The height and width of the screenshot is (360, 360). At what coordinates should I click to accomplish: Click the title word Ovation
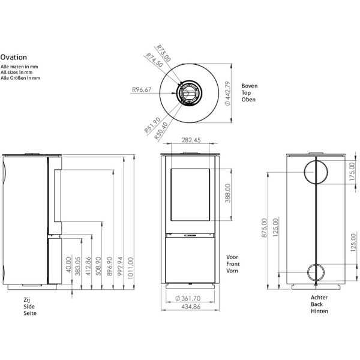pos(13,58)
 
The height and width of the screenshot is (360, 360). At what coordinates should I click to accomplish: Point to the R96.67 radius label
pos(142,90)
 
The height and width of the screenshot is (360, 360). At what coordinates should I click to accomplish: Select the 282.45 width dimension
pos(191,140)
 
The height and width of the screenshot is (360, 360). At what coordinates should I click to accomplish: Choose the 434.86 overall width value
pos(191,307)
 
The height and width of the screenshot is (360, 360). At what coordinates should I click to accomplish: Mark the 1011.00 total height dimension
pos(131,265)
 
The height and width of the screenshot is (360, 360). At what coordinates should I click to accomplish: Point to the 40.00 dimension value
pos(70,265)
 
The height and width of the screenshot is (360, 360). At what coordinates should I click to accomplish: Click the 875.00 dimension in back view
pos(266,228)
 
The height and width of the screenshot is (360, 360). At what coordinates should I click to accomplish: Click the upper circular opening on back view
pos(316,172)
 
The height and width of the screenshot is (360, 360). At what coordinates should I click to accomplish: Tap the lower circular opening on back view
pos(316,273)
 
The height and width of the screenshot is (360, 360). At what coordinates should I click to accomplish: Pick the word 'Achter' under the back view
pos(319,298)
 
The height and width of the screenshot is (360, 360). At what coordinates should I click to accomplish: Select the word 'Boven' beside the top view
pos(250,86)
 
